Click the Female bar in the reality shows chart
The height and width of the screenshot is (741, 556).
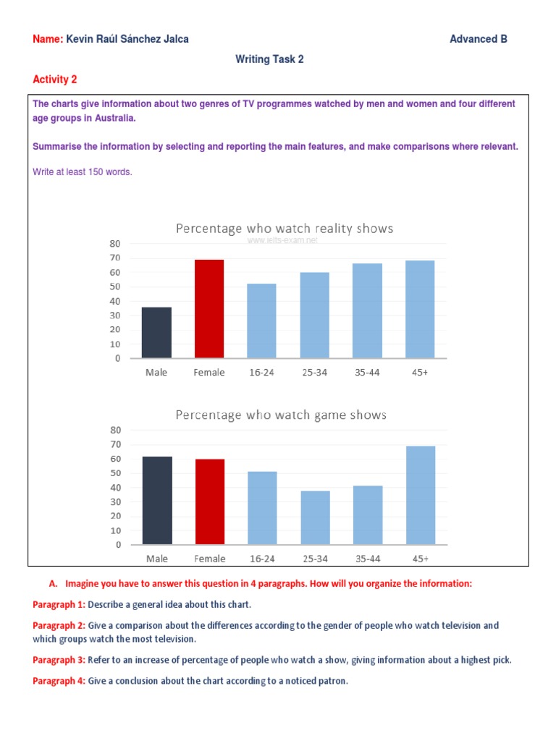pos(209,309)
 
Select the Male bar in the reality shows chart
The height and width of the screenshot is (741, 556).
pos(157,333)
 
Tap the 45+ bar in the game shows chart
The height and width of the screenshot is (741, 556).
pos(421,496)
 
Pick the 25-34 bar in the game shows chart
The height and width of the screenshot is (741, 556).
pos(315,518)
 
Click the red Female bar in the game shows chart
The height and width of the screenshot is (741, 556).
pos(209,502)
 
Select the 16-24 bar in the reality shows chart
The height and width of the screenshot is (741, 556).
pos(261,321)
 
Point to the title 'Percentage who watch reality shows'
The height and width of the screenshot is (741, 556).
pos(285,229)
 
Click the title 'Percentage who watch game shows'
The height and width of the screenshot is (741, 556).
pos(281,415)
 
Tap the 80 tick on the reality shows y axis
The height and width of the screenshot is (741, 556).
pos(114,244)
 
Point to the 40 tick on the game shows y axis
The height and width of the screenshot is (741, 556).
pos(116,488)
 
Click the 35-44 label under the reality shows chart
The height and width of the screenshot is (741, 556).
pos(368,373)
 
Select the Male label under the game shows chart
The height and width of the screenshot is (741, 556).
pos(156,559)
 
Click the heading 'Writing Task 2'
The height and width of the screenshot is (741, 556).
pos(269,59)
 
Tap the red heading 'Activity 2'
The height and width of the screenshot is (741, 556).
pos(55,79)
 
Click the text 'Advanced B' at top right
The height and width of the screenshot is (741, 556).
pos(479,39)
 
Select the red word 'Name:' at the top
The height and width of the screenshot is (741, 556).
pos(48,39)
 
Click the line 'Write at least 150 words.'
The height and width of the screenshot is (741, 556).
pos(83,172)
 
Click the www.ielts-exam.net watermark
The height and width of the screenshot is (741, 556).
pos(283,240)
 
